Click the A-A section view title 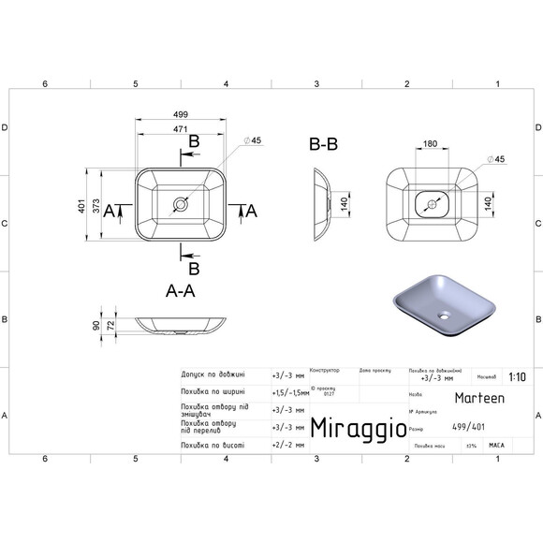click(180, 291)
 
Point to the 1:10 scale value click(516, 378)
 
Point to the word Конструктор click(324, 370)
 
